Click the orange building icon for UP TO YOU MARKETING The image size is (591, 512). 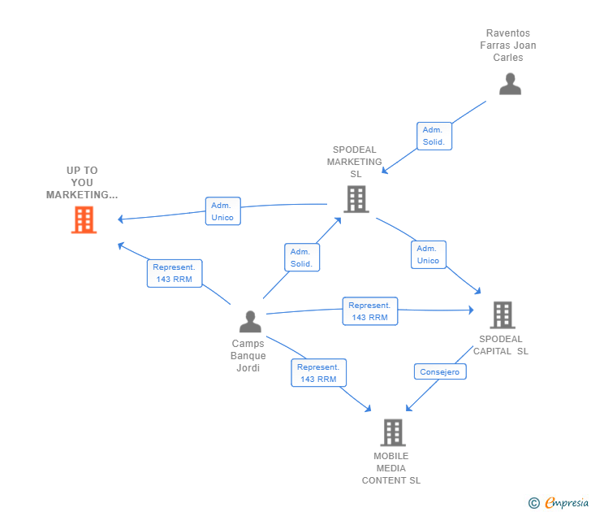[x=84, y=219]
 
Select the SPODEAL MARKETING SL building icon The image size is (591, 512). [x=356, y=199]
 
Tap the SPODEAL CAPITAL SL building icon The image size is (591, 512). [x=503, y=315]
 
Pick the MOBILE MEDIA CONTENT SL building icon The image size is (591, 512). [x=393, y=432]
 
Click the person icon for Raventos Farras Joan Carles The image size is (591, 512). [x=510, y=85]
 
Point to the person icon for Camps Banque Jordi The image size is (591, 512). [x=250, y=322]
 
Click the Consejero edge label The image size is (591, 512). [x=440, y=372]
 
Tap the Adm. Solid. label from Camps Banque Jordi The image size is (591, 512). [x=301, y=258]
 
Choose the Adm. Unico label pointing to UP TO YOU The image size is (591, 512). [x=222, y=211]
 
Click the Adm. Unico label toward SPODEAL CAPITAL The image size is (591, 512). [x=428, y=254]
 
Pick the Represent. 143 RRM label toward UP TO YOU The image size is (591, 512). [x=174, y=273]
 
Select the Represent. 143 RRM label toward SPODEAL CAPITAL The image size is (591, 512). [x=369, y=311]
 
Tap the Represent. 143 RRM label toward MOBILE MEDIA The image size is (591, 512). [x=318, y=373]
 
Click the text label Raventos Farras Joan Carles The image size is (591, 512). [x=508, y=46]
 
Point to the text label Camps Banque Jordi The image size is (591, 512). [x=248, y=356]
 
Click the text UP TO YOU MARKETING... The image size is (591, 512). [x=82, y=183]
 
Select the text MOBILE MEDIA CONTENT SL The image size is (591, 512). [x=391, y=468]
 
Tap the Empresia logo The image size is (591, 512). [x=566, y=503]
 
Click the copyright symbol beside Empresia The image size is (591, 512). [x=533, y=503]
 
